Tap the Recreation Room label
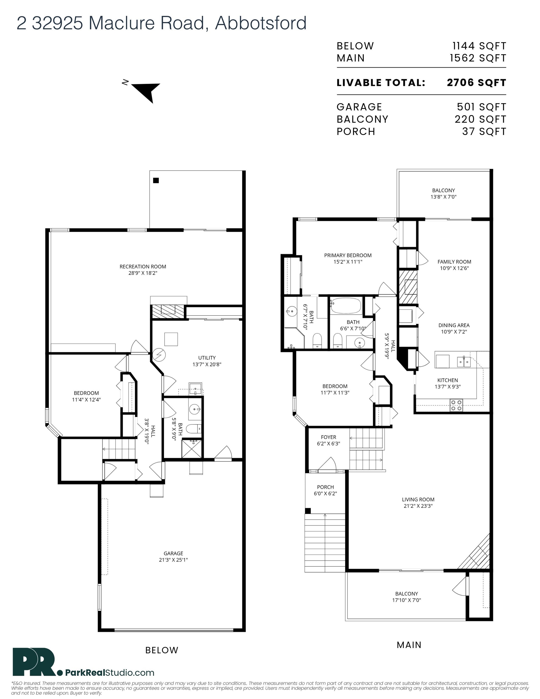tap(143, 267)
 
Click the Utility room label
tap(207, 358)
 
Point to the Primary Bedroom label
tap(348, 255)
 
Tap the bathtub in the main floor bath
tap(346, 305)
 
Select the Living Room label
tap(418, 500)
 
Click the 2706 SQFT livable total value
tap(476, 83)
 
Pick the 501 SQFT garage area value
tap(481, 107)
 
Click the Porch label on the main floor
tap(326, 487)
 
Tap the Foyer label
tap(329, 437)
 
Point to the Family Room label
tap(454, 262)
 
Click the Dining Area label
tap(454, 325)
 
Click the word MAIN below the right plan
tap(409, 645)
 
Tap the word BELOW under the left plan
tap(162, 650)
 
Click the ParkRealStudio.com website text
tap(110, 673)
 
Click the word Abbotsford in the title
tap(261, 23)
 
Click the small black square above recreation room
tap(156, 181)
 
